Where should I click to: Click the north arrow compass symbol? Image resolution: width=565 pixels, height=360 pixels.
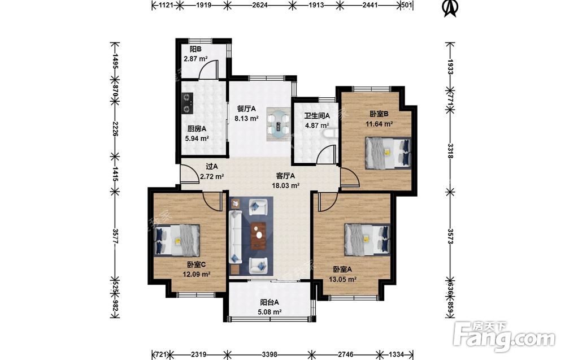pos(450,8)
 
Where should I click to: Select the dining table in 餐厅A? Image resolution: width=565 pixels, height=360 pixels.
pos(279,124)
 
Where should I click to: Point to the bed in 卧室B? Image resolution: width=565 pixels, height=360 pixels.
pos(388,153)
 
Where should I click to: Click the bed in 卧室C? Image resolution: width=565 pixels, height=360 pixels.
pos(176,240)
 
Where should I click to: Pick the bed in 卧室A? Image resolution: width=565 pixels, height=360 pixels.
pos(367,239)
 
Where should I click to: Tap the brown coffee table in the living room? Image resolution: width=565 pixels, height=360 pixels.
pos(258,236)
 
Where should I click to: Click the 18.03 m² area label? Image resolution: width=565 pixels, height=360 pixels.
pos(286,185)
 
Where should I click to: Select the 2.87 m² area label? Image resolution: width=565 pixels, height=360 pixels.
pos(195,59)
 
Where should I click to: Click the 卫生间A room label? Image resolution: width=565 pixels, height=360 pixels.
pos(317,116)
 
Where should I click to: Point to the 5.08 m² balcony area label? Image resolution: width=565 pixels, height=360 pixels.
pos(269,312)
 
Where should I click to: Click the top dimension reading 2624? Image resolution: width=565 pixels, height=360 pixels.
pos(260,5)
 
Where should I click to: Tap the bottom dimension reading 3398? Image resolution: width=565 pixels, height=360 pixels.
pos(269,354)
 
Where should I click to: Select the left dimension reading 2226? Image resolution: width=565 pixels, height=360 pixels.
pos(115,129)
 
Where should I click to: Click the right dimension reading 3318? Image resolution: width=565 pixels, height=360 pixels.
pos(450,151)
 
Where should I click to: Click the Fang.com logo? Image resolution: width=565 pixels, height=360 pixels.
pos(505,336)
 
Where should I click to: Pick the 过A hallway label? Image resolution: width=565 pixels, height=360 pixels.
pos(211,167)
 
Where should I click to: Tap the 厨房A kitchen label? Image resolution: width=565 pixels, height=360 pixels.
pos(197,129)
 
